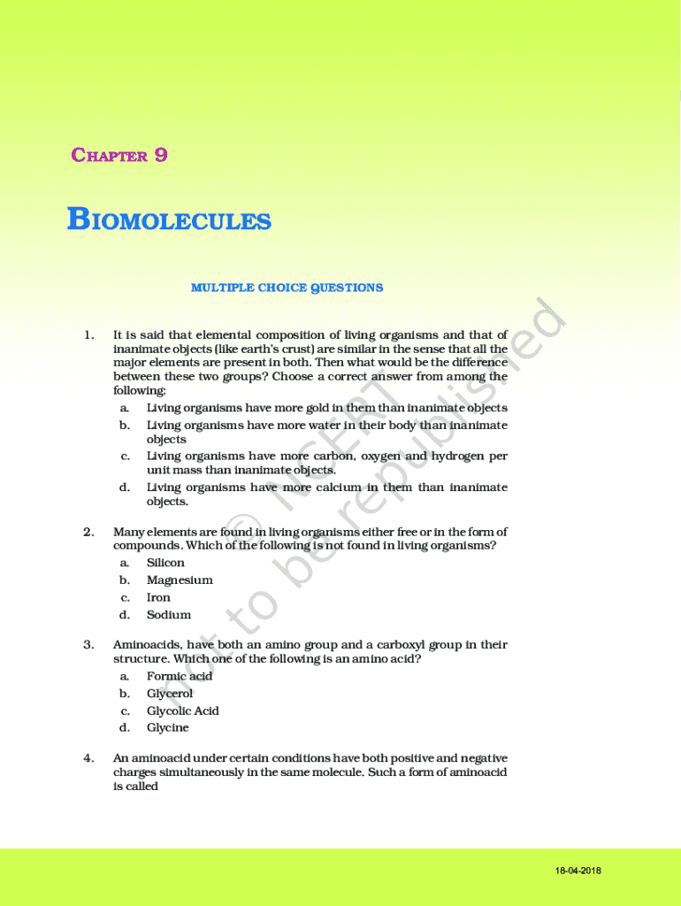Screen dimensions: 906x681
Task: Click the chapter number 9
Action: point(161,156)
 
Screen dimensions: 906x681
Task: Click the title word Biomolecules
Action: point(169,220)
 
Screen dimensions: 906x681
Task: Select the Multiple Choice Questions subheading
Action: point(287,288)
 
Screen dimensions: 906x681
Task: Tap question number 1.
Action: point(88,334)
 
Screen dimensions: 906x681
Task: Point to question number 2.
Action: point(88,532)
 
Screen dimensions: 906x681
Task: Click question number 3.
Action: point(88,645)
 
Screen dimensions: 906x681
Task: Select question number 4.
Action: point(88,758)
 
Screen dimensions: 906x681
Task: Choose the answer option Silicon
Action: point(165,563)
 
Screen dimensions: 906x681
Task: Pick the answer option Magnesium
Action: point(180,580)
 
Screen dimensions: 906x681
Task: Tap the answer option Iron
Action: point(158,597)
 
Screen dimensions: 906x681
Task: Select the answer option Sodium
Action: point(168,615)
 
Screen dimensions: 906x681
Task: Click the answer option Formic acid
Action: point(180,676)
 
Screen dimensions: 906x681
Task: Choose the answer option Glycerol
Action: point(169,694)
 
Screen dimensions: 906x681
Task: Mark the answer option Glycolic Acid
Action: point(182,710)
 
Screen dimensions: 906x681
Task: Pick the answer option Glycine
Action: point(167,728)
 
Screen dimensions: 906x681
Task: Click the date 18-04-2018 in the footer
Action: point(578,871)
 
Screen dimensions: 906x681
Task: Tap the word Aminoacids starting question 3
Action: point(145,645)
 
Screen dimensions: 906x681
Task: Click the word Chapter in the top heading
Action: point(109,157)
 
